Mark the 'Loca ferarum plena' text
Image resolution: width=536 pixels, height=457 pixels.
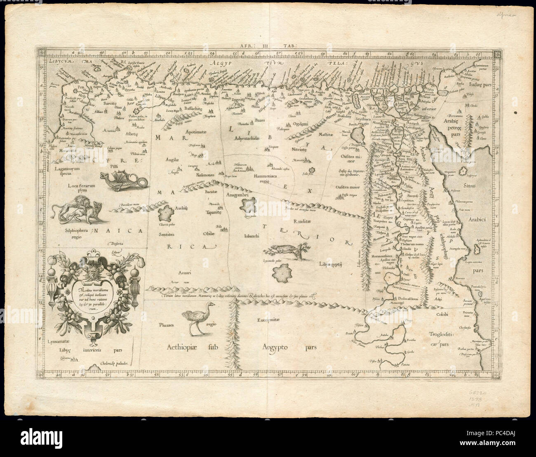click(81, 189)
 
